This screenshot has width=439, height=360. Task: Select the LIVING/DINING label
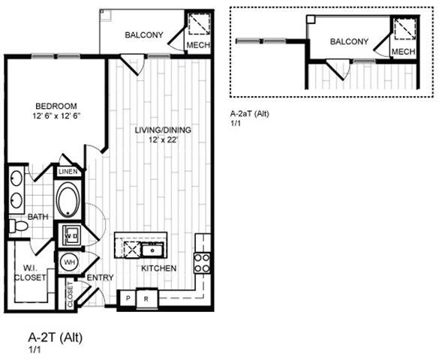tap(163, 130)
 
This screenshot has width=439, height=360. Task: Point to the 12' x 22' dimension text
tap(163, 140)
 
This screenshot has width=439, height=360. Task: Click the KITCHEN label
tap(158, 268)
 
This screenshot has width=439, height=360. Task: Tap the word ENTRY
tap(100, 278)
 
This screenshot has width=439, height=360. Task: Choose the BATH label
tap(38, 217)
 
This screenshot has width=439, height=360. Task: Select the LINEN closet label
tap(68, 172)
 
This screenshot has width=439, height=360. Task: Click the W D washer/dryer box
tap(72, 235)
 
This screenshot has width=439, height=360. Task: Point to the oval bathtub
tap(68, 201)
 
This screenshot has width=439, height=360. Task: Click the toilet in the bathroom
tap(16, 225)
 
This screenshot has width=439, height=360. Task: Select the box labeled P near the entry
tap(128, 298)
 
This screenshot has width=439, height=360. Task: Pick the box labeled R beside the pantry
tap(146, 298)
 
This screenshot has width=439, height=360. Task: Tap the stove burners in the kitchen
tap(202, 262)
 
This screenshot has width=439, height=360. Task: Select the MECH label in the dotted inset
tap(404, 52)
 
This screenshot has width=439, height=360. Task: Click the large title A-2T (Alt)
tap(55, 337)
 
